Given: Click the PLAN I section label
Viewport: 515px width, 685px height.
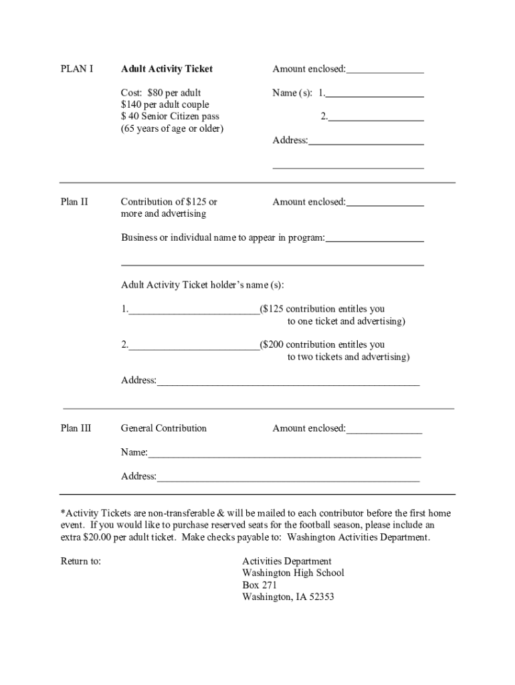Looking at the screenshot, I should [77, 69].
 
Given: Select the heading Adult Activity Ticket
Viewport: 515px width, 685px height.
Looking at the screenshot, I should [167, 69].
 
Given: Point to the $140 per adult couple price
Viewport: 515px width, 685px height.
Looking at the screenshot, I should [165, 104].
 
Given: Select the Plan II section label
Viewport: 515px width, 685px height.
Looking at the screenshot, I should [74, 201].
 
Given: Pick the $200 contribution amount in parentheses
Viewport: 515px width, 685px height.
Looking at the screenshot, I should [274, 345].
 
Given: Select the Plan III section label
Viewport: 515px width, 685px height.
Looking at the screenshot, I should [76, 428].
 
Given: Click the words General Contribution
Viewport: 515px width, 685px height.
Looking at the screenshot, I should [164, 428].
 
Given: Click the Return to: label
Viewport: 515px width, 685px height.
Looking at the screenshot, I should [81, 561].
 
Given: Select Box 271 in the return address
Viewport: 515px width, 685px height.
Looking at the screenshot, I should [260, 585].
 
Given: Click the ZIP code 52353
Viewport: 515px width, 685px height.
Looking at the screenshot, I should [319, 597].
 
